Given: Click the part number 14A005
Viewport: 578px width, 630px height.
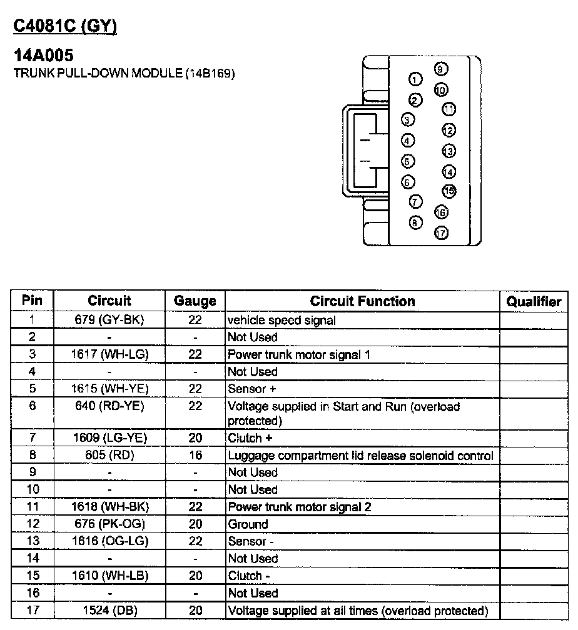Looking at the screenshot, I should [x=43, y=56].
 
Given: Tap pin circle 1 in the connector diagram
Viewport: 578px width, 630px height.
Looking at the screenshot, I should [x=415, y=79].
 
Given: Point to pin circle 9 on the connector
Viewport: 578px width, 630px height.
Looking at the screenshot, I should [x=439, y=69].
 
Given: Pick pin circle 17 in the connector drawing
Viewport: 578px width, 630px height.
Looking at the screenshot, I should [x=441, y=234].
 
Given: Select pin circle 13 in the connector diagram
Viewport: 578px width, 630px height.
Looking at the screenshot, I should [x=449, y=151].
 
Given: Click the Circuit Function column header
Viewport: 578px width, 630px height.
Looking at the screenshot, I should [x=362, y=301].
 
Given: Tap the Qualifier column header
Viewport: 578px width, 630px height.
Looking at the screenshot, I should [x=533, y=302].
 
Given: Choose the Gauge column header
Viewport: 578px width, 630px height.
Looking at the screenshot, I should [x=195, y=301].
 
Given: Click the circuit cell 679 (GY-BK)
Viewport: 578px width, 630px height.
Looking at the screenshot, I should [x=109, y=320].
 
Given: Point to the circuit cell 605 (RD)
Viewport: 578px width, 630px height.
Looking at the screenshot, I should [x=109, y=456].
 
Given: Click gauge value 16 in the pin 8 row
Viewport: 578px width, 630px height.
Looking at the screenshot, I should [x=195, y=456].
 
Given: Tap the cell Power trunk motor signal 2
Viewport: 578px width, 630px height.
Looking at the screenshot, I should [x=299, y=507].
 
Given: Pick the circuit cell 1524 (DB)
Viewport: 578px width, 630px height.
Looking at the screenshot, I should [x=109, y=611].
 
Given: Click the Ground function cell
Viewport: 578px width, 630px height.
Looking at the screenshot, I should [x=248, y=524].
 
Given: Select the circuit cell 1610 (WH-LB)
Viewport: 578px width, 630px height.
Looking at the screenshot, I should [x=109, y=576].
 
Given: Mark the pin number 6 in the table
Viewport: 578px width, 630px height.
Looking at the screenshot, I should [x=32, y=406].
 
